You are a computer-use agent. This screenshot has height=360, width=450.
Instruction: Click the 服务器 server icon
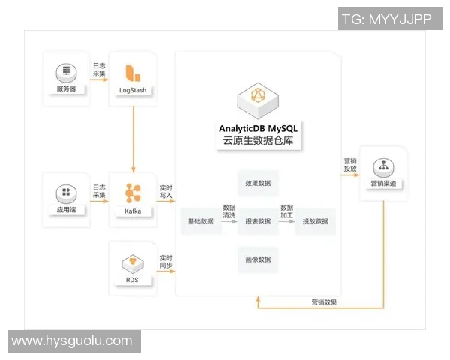(66, 73)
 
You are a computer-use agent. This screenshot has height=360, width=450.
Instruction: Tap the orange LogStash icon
(133, 73)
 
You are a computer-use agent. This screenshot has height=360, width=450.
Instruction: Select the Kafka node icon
(133, 192)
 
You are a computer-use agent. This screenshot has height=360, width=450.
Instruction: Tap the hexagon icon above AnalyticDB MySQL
(258, 97)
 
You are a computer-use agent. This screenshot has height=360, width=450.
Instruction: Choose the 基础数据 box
(201, 221)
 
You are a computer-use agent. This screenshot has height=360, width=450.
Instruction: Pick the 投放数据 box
(315, 221)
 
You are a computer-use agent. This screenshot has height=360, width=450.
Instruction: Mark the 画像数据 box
(258, 259)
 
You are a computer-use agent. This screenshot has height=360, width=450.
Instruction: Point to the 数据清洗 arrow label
(229, 211)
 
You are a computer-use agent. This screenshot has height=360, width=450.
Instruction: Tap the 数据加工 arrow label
(286, 211)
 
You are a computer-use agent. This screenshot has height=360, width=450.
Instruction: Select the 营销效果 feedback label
(324, 302)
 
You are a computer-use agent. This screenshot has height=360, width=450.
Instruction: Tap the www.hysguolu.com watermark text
(72, 340)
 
